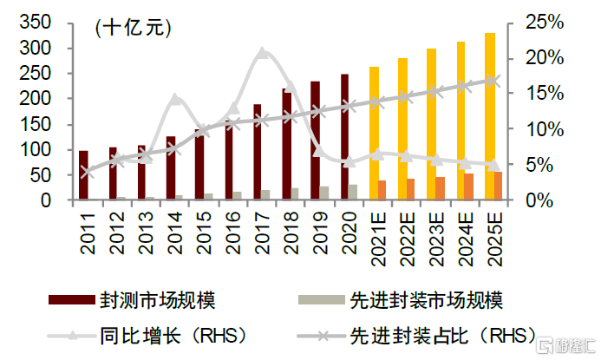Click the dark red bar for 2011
(x=83, y=176)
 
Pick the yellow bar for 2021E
(x=374, y=134)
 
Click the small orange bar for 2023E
(x=440, y=189)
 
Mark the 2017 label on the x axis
(x=261, y=233)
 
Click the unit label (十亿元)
(x=132, y=27)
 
